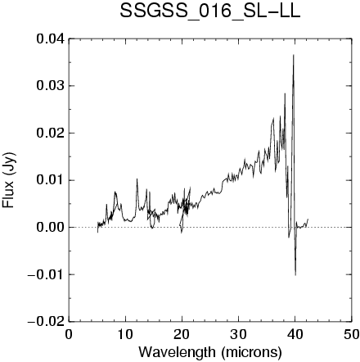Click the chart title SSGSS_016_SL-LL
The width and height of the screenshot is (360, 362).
(210, 12)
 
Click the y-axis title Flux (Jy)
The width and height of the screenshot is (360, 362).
(9, 180)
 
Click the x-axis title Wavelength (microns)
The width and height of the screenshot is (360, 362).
(210, 352)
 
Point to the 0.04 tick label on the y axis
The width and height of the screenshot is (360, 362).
(51, 39)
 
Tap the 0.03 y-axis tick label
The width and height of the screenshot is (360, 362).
(51, 86)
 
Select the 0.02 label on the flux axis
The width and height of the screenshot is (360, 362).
(51, 133)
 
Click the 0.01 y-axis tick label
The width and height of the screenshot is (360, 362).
(51, 180)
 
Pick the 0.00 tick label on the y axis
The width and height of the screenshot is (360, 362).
(51, 228)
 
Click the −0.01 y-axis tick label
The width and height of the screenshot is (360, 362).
(47, 274)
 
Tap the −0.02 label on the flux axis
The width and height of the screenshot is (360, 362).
(47, 322)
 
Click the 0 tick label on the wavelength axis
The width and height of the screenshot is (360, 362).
(69, 335)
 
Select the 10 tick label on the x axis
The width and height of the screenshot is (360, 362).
(125, 335)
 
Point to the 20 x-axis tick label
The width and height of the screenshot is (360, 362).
(182, 335)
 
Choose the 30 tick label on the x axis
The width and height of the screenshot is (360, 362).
(238, 335)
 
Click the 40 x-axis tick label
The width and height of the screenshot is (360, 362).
(295, 335)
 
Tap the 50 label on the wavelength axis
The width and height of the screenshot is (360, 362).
(351, 335)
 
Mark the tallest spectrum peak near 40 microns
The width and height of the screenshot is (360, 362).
(294, 55)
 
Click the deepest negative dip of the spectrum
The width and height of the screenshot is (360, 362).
(295, 275)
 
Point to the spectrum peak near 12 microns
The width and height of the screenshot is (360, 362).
(137, 179)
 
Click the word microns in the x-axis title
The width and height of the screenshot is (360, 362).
(251, 352)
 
